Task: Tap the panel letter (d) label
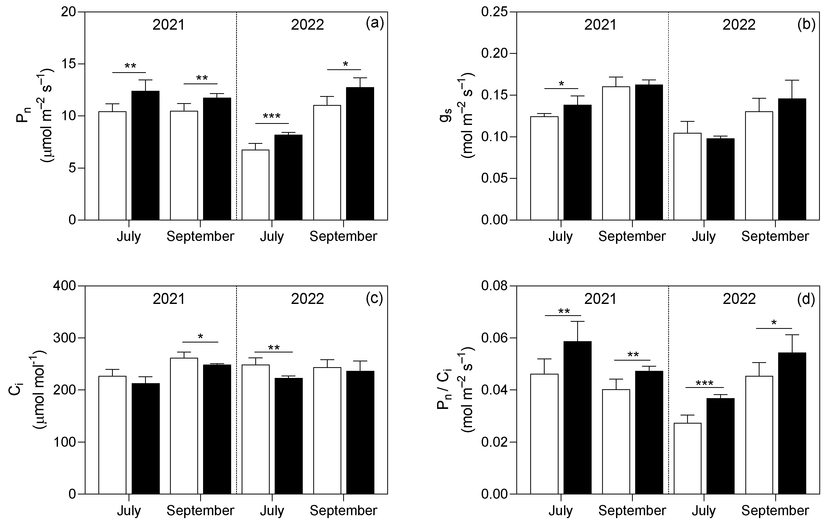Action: click(806, 299)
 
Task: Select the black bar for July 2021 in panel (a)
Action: click(145, 155)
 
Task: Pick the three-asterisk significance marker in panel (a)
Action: click(272, 116)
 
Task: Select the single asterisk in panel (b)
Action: click(561, 84)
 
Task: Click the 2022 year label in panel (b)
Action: click(739, 25)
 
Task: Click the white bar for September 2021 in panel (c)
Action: click(184, 426)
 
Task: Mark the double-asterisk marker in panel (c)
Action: click(274, 348)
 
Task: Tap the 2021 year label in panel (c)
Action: click(169, 299)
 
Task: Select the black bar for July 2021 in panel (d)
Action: click(577, 418)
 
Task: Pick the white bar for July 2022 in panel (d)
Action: click(687, 459)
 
